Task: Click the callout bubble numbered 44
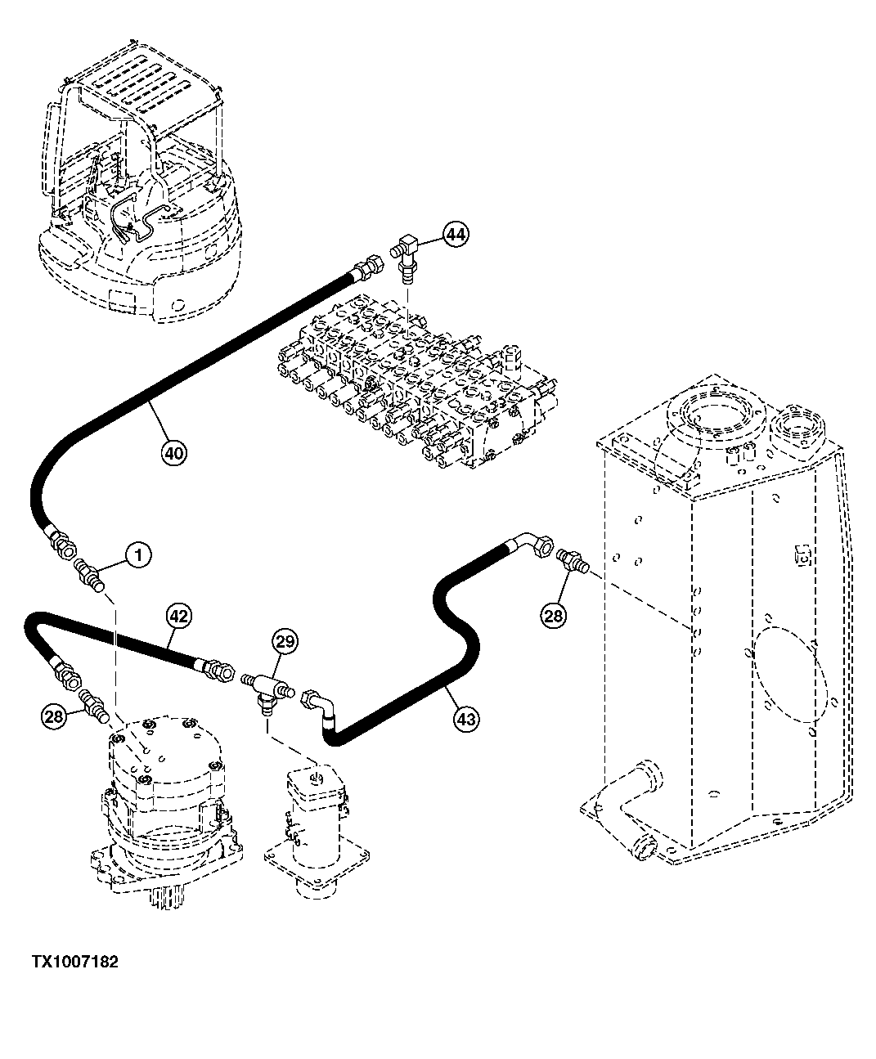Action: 456,235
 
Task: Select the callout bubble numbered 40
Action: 174,452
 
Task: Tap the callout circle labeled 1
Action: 138,556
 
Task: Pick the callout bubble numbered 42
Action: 179,616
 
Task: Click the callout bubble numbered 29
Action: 285,642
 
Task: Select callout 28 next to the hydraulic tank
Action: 554,615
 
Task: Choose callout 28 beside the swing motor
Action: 53,717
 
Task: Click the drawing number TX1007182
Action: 75,963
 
